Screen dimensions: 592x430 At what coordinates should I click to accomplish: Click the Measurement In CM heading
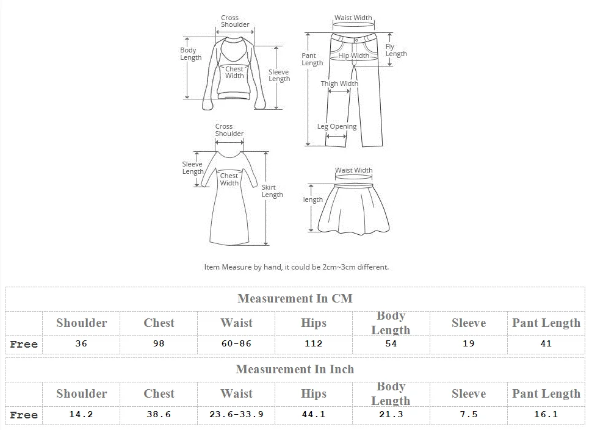point(295,298)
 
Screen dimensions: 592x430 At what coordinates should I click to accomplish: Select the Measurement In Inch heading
point(295,369)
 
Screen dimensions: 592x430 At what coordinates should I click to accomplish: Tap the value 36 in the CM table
point(81,343)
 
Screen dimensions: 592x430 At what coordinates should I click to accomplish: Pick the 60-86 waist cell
point(236,343)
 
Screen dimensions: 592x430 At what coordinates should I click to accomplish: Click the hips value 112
point(313,343)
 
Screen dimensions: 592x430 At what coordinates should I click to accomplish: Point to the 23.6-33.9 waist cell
point(236,414)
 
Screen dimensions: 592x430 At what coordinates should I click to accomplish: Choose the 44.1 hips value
point(313,414)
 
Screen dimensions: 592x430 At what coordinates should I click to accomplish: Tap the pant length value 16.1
point(546,414)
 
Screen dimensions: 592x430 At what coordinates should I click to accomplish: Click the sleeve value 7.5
point(468,414)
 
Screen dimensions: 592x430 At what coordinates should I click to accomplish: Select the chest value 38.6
point(159,414)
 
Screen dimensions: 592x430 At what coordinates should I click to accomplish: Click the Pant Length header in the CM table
point(546,323)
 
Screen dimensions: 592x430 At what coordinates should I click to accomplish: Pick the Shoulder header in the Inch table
point(81,393)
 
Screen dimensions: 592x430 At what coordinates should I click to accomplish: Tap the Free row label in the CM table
point(24,344)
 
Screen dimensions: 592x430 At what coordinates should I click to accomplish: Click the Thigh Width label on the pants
point(339,84)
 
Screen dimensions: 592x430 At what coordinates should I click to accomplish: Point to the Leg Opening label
point(337,127)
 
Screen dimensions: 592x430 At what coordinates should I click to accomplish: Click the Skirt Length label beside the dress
point(272,191)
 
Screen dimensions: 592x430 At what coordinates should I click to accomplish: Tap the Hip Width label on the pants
point(354,56)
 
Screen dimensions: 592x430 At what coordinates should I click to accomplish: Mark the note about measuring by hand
point(296,267)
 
